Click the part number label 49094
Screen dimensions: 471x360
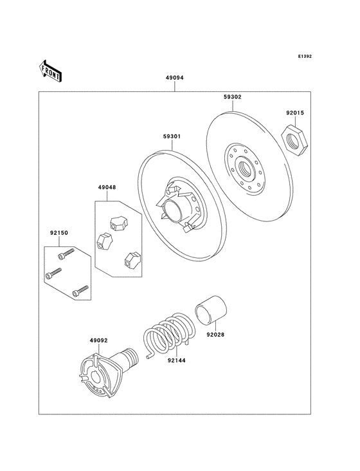pos(175,77)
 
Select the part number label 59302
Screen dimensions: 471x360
pos(233,97)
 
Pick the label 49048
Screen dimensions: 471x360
pos(107,188)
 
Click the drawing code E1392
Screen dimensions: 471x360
pos(305,57)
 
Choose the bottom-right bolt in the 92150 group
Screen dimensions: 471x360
pos(79,291)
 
